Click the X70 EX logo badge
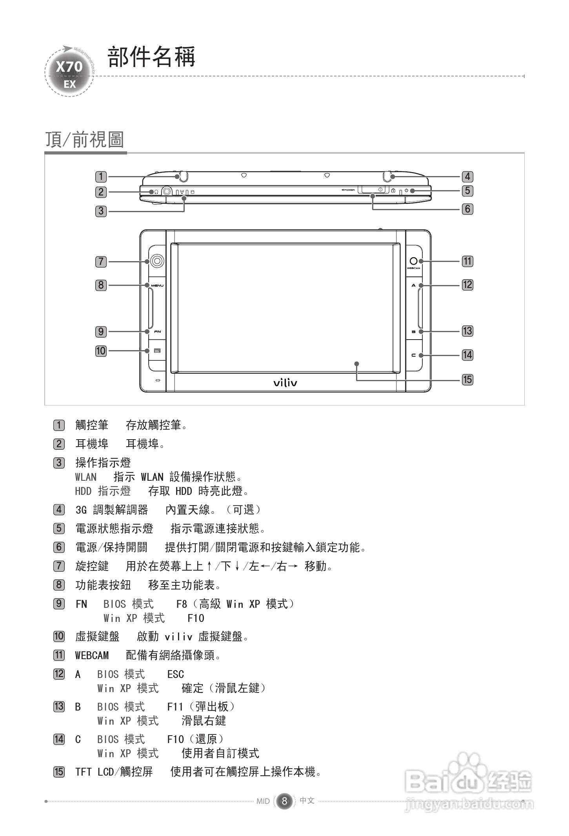click(x=69, y=72)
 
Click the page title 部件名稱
click(x=151, y=57)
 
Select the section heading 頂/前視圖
click(x=85, y=140)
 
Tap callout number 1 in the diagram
click(x=101, y=177)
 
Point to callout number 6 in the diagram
click(x=467, y=209)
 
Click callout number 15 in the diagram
click(x=467, y=380)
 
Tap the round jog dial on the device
click(x=157, y=261)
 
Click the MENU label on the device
click(x=157, y=285)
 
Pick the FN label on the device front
click(x=157, y=332)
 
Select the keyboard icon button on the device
click(x=157, y=351)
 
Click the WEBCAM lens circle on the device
click(x=413, y=261)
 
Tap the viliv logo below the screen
click(x=285, y=382)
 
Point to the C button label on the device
click(x=413, y=355)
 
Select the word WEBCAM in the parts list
click(x=92, y=655)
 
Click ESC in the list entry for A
click(x=175, y=674)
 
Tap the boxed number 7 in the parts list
click(x=59, y=566)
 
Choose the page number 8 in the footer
click(x=284, y=801)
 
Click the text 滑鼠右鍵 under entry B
click(x=204, y=721)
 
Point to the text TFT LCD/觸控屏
click(x=114, y=772)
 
